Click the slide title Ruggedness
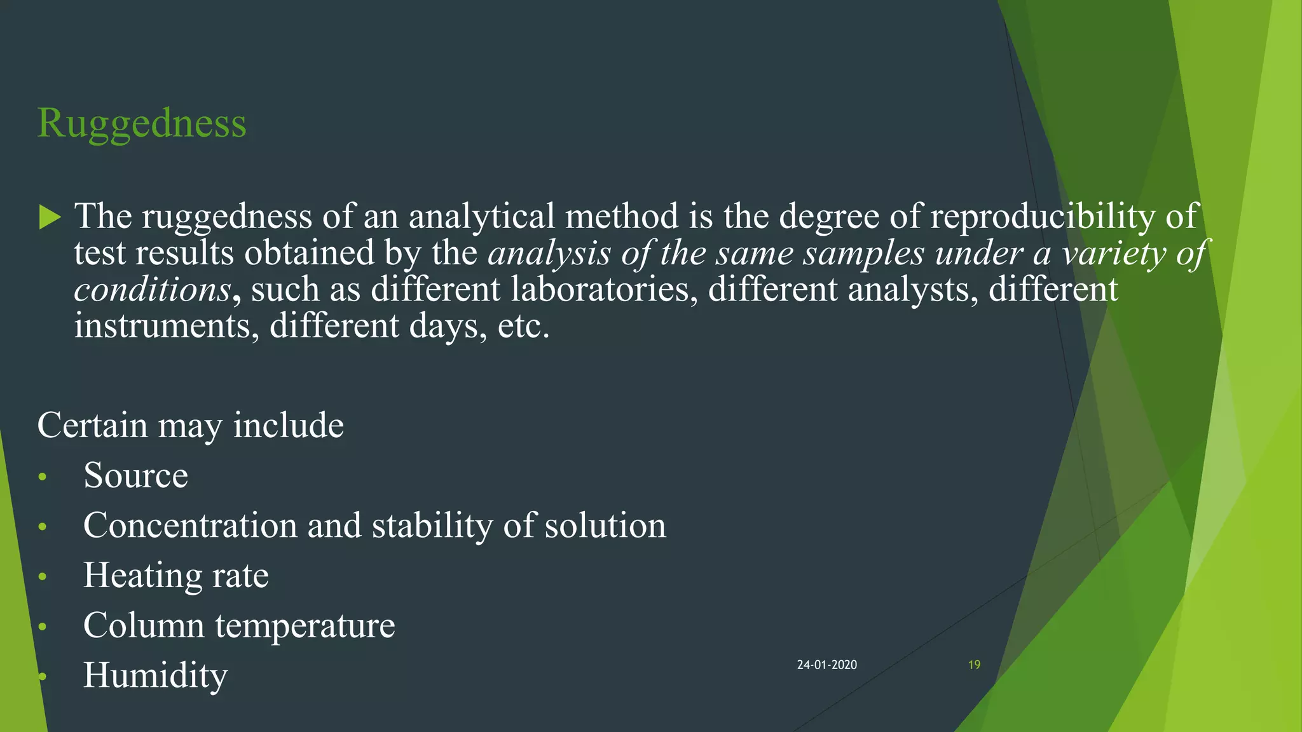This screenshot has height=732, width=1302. (x=142, y=123)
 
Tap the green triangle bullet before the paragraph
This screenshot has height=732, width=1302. (x=49, y=217)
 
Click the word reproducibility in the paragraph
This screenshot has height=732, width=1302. (x=1042, y=216)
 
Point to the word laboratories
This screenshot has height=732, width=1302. (x=600, y=290)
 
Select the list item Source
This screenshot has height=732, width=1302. (x=135, y=475)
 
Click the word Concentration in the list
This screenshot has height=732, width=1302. (x=190, y=525)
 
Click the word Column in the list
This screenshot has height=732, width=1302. (x=144, y=625)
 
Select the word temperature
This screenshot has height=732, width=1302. (x=305, y=627)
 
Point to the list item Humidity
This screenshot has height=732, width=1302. (x=155, y=675)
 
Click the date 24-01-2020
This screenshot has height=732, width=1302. (x=826, y=665)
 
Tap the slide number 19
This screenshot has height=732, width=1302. (x=974, y=665)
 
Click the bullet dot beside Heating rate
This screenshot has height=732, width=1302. (x=43, y=577)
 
